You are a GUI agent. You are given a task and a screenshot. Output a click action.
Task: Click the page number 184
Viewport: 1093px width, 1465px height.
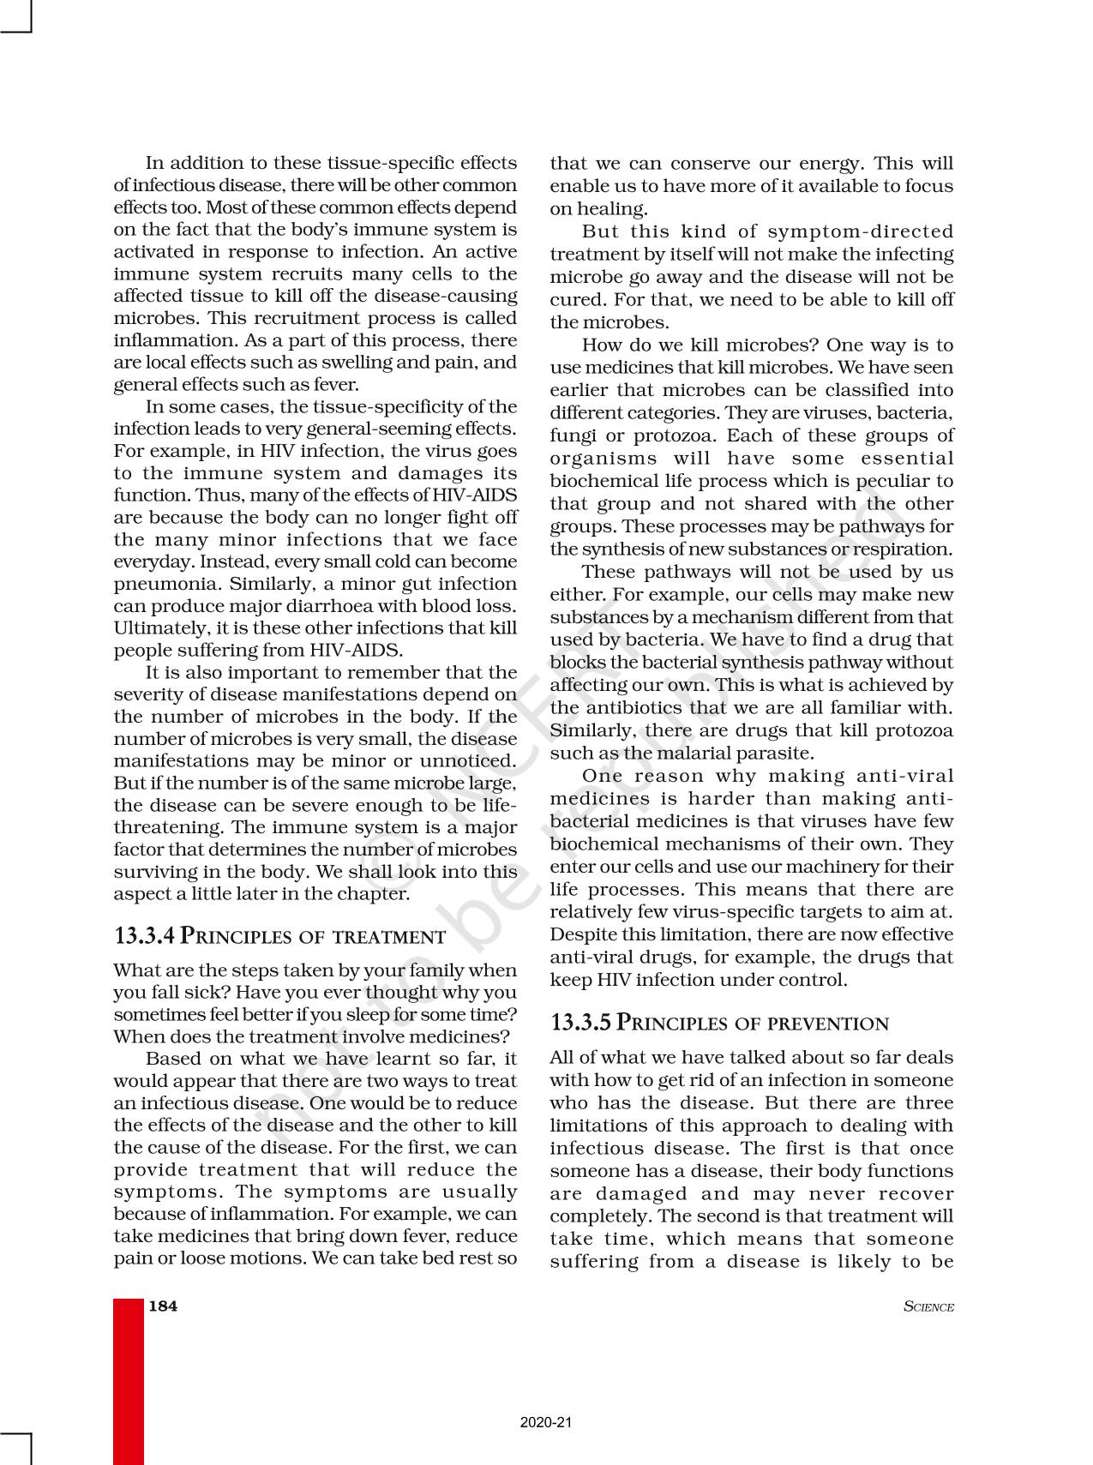(163, 1306)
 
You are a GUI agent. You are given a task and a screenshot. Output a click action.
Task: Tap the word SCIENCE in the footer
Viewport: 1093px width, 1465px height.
(928, 1307)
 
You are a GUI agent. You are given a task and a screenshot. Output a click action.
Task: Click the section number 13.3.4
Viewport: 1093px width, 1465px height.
(144, 935)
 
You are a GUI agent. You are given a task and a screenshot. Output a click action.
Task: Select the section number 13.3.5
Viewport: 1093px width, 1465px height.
(580, 1023)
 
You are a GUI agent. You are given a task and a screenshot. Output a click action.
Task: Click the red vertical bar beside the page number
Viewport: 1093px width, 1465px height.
(129, 1380)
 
